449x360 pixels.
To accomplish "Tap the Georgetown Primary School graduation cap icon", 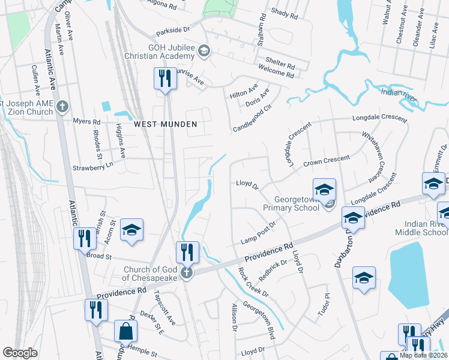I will [324, 189].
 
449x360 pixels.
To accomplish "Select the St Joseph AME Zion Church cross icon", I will [62, 107].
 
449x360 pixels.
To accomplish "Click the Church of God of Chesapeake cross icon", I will [187, 273].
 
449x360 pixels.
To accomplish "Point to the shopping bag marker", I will [125, 331].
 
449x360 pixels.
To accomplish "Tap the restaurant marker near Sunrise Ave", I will [164, 78].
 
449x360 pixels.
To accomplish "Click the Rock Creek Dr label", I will [253, 281].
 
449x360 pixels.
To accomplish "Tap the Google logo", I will [20, 353].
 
